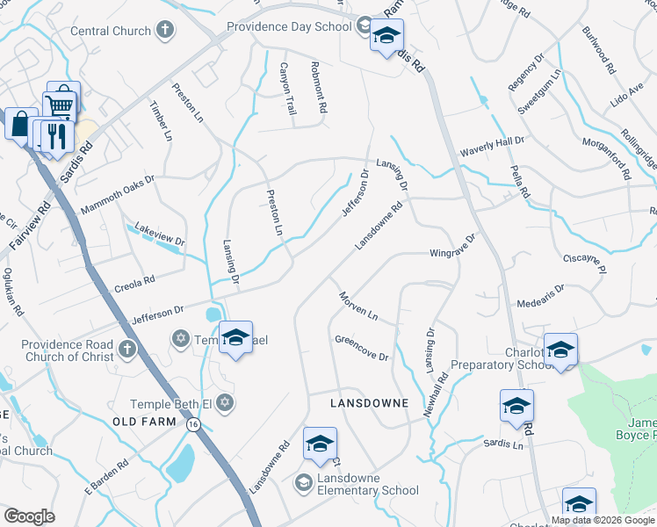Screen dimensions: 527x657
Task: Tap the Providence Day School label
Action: (289, 26)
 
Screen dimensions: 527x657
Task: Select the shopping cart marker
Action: (61, 104)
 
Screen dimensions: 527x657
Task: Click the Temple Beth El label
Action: (172, 403)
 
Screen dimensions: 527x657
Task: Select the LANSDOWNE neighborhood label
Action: (369, 403)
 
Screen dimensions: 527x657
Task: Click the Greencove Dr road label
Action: (361, 348)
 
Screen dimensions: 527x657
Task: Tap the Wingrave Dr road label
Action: (451, 246)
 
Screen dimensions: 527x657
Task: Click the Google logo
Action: (29, 516)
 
